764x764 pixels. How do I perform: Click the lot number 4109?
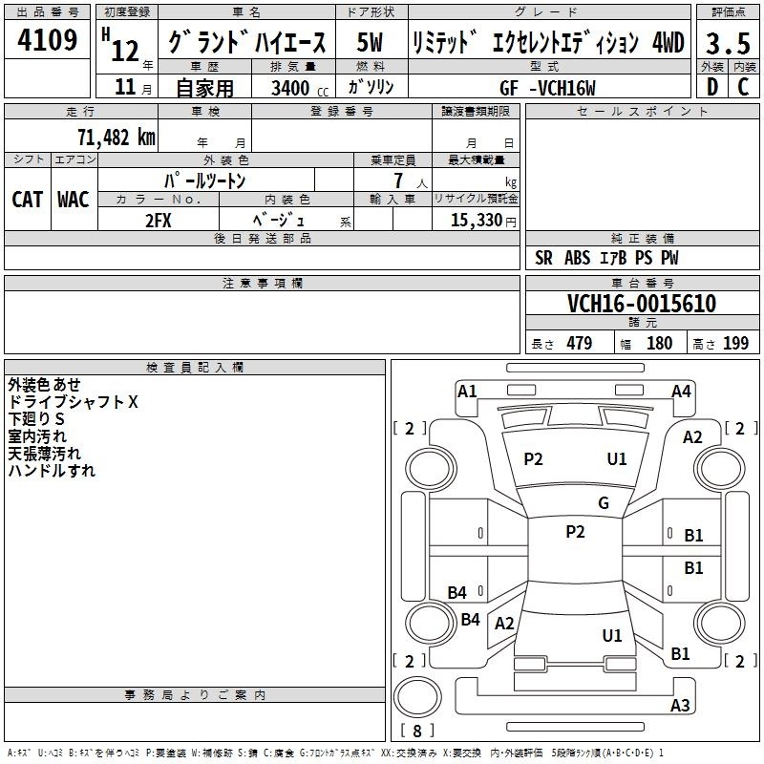pos(47,40)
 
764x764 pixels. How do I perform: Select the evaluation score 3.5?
pos(728,43)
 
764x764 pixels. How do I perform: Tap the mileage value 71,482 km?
pos(117,138)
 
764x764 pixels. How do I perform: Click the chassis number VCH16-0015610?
pos(642,304)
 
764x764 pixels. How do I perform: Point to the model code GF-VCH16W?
pos(547,88)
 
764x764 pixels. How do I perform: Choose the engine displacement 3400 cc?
pos(300,88)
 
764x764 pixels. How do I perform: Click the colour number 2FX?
pos(159,221)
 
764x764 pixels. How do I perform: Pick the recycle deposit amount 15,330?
pos(477,221)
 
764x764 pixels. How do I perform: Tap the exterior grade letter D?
pos(712,87)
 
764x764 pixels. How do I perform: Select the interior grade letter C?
pos(743,87)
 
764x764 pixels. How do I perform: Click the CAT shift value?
pos(28,200)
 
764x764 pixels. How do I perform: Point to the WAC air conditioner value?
pos(74,200)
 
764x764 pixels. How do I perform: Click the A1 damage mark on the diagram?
pos(467,392)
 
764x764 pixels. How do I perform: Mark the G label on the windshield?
pos(604,503)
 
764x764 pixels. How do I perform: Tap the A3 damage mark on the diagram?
pos(680,705)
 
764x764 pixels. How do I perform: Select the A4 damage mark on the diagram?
pos(681,392)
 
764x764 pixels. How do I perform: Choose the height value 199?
pos(735,344)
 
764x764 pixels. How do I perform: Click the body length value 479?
pos(580,344)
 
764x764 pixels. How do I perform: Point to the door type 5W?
pos(370,42)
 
